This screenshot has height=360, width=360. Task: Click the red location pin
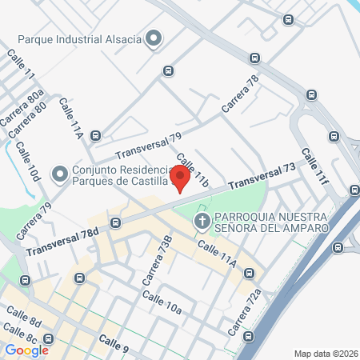(x=182, y=177)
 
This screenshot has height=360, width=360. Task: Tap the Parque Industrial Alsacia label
(x=81, y=38)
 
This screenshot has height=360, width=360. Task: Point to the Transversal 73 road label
(x=261, y=178)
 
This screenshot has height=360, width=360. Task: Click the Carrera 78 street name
(x=242, y=95)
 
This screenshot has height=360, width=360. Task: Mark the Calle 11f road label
(x=314, y=166)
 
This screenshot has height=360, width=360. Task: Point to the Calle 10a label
(x=162, y=303)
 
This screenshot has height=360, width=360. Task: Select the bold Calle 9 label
(x=114, y=343)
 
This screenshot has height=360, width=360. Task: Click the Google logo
(x=26, y=350)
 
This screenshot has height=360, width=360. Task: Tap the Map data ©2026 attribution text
(x=326, y=353)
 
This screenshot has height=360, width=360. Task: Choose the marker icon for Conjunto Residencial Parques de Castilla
(x=58, y=174)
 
